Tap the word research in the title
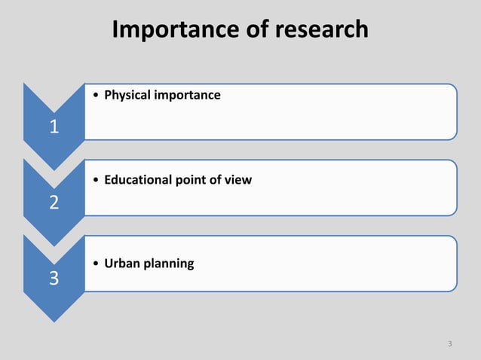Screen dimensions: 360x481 coord(322,29)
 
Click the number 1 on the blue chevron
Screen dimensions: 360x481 coord(54,127)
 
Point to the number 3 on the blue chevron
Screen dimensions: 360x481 coord(54,279)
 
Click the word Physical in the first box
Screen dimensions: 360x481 coord(127,96)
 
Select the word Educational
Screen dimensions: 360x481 coord(136,180)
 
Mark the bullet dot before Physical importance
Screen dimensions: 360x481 coord(93,96)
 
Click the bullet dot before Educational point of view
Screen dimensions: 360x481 coord(93,180)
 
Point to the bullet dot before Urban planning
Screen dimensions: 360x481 coord(93,264)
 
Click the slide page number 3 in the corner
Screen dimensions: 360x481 coord(449,344)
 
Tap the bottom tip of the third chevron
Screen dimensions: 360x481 coord(54,321)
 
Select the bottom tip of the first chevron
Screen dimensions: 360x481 coord(54,169)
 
